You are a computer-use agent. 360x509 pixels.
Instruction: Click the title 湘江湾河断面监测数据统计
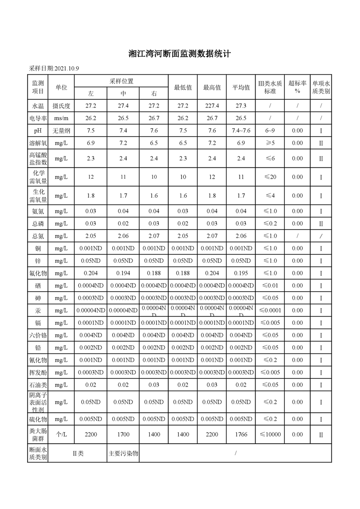pos(180,54)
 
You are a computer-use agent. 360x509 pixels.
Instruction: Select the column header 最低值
pos(183,87)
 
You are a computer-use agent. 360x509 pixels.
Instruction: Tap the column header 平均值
pos(241,87)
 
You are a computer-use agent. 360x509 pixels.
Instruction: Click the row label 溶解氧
pos(38,143)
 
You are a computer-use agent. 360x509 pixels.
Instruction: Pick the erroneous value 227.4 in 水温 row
pos(212,106)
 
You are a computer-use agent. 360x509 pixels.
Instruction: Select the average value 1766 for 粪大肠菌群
pos(241,434)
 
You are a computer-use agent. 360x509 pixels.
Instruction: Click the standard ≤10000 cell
pos(270,434)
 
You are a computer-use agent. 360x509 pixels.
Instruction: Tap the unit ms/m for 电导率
pos(61,118)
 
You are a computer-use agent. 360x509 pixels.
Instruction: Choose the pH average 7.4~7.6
pos(241,131)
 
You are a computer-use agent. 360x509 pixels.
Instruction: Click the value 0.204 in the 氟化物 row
pos(91,273)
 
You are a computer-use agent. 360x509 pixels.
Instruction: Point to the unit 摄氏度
pos(61,106)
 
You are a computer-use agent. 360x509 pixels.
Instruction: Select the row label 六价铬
pos(38,335)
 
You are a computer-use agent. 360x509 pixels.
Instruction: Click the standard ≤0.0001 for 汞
pos(270,310)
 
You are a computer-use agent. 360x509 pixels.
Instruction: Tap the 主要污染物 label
pos(123,453)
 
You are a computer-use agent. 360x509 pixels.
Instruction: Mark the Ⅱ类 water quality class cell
pos(78,453)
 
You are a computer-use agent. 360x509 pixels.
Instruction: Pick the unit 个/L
pos(61,434)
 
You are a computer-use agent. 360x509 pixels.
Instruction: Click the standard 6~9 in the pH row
pos(270,131)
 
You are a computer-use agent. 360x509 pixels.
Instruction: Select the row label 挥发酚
pos(38,372)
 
